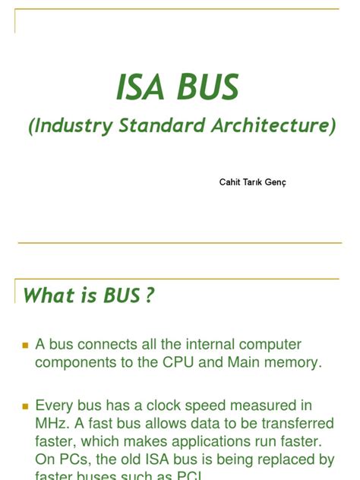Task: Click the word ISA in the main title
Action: tap(141, 87)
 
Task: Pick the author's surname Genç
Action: tap(275, 182)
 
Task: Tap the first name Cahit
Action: tap(229, 182)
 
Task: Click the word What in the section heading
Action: tap(49, 295)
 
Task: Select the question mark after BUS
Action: tap(149, 295)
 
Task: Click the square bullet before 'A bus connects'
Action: tap(25, 346)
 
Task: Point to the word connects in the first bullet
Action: tap(113, 345)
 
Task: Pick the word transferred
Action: tap(292, 424)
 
